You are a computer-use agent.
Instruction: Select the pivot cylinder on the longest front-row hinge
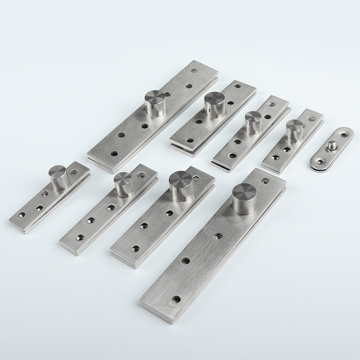(244, 198)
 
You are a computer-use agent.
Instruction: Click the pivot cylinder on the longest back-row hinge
(156, 103)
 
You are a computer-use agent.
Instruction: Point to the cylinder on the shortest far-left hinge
(58, 177)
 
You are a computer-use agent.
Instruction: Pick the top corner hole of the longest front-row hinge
(265, 181)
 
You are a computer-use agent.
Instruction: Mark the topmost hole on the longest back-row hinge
(194, 71)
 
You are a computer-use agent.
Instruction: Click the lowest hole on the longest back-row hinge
(114, 153)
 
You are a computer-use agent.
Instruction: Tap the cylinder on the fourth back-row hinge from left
(295, 129)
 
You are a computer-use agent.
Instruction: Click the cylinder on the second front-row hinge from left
(122, 185)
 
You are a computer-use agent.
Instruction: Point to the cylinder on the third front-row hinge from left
(179, 187)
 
